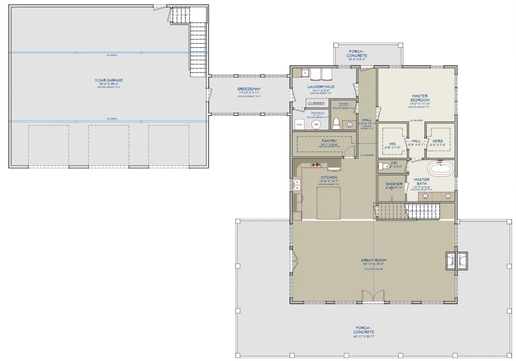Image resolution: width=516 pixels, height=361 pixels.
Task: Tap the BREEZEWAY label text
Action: [249, 89]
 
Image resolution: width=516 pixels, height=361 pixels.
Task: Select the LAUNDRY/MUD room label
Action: [320, 86]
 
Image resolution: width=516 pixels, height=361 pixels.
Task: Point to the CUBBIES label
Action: [316, 103]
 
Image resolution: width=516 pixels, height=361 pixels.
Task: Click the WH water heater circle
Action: [316, 125]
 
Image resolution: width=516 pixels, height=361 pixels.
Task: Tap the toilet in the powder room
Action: [336, 124]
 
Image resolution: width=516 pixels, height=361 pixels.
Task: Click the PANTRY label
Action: [329, 141]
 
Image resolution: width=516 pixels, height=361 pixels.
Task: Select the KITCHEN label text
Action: [329, 177]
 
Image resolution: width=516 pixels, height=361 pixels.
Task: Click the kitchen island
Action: [328, 203]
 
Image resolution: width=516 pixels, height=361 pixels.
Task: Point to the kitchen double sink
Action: [297, 185]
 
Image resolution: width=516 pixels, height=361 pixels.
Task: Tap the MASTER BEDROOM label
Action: [419, 98]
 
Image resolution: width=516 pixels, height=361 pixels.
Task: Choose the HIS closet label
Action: [392, 144]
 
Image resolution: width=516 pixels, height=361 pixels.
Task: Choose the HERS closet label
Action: [437, 141]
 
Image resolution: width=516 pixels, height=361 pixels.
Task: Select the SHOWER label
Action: [394, 184]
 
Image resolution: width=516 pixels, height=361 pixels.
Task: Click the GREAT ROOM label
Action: [373, 260]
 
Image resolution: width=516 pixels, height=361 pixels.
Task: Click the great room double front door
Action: [373, 296]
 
